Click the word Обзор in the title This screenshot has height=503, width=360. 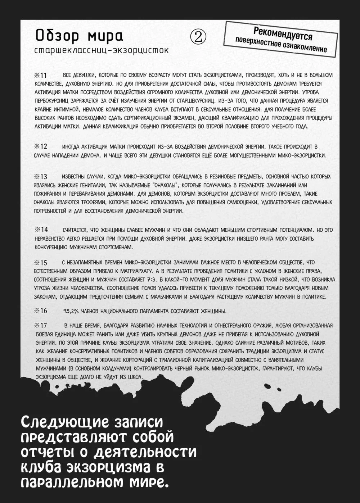[55, 36]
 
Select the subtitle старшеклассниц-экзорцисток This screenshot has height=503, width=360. [101, 50]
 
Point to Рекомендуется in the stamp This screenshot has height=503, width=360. [283, 33]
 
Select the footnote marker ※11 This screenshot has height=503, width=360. [41, 75]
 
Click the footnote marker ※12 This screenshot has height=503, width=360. [41, 147]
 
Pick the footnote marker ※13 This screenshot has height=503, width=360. [41, 177]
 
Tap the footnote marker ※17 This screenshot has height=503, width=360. [41, 326]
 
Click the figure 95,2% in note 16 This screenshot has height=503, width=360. [71, 311]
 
